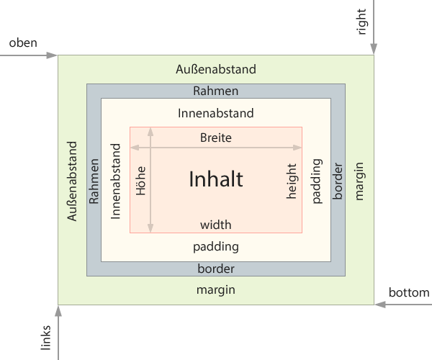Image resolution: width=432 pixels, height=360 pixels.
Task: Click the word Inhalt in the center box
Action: [x=216, y=179]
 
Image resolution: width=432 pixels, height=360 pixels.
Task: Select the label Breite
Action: [x=216, y=138]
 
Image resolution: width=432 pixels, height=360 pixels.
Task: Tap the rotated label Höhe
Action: [x=141, y=180]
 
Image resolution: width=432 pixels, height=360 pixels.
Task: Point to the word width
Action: [x=216, y=225]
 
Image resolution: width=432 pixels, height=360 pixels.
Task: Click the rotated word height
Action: [x=292, y=180]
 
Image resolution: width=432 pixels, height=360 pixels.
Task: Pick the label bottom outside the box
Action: [x=408, y=293]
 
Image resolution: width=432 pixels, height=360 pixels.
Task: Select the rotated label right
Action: [x=361, y=22]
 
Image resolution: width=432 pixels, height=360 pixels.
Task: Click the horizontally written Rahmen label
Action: [x=216, y=91]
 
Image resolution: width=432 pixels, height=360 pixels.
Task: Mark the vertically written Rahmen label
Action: [x=94, y=180]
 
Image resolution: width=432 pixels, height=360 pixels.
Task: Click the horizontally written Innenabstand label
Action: [x=216, y=113]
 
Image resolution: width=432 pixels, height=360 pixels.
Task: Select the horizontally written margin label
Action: [x=216, y=290]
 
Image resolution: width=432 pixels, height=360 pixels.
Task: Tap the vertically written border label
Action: [x=338, y=180]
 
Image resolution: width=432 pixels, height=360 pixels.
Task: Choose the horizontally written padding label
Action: [x=216, y=246]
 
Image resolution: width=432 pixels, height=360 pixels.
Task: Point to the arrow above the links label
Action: [x=58, y=331]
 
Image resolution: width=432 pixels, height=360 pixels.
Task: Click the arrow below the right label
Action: [x=374, y=29]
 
